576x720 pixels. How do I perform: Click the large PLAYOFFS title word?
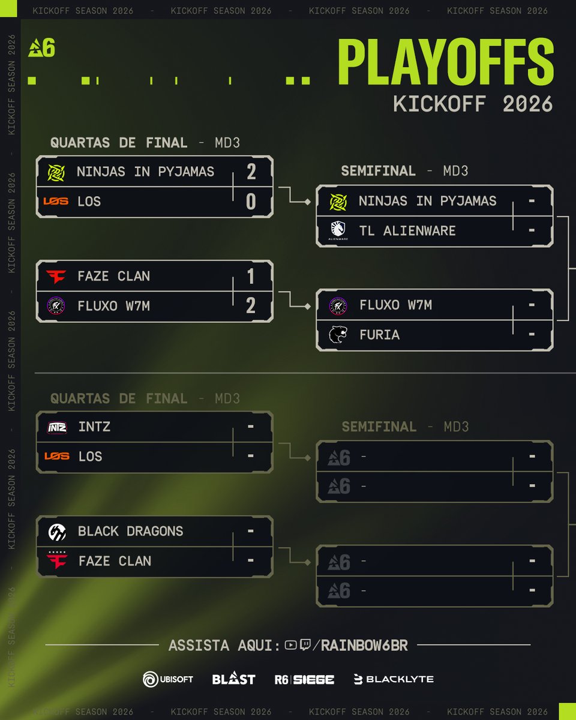[x=445, y=63]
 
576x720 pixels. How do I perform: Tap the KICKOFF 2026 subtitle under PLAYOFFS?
[x=473, y=103]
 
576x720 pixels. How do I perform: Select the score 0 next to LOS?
[x=251, y=202]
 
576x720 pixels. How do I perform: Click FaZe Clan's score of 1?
[x=251, y=276]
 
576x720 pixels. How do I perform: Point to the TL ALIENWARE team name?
[x=407, y=230]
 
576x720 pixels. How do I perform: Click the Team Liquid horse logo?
[x=338, y=230]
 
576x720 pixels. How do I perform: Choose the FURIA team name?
[x=379, y=334]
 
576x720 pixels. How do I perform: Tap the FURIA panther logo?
[x=338, y=334]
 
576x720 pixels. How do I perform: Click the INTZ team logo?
[x=57, y=427]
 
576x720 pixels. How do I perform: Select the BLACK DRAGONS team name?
[x=130, y=531]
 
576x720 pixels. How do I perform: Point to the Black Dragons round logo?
[x=57, y=531]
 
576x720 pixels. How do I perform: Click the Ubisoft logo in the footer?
[x=168, y=679]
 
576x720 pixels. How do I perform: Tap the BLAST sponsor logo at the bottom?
[x=233, y=679]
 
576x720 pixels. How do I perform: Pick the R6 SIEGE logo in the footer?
[x=304, y=679]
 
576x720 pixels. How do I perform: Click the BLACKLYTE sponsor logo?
[x=394, y=679]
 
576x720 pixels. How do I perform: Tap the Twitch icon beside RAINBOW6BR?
[x=305, y=645]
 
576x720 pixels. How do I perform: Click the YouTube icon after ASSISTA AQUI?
[x=291, y=645]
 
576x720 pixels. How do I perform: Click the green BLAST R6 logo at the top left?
[x=41, y=47]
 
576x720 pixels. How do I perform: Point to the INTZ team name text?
[x=94, y=427]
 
